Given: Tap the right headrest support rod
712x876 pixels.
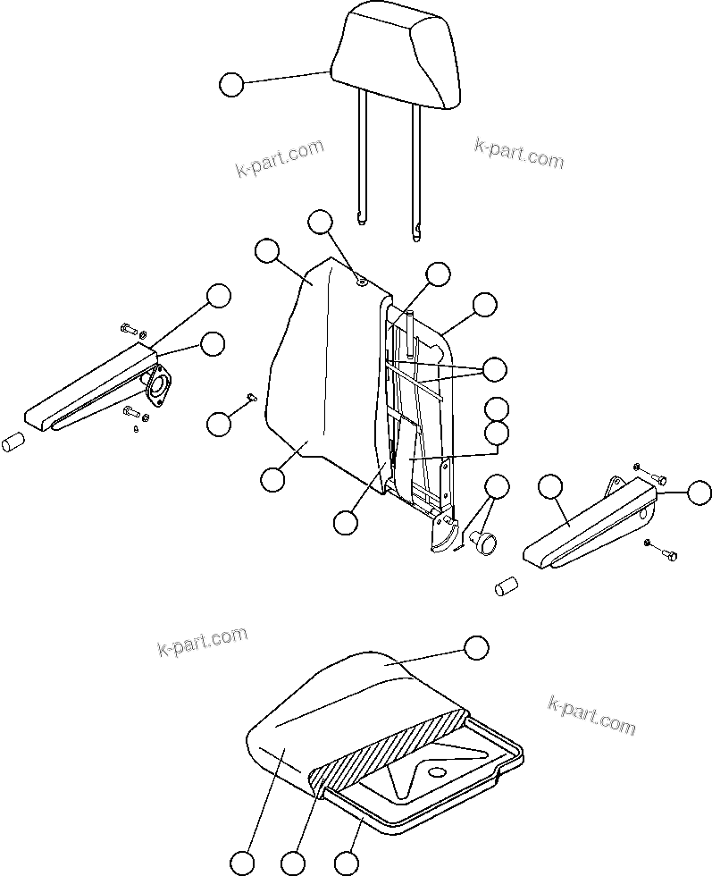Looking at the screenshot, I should (x=416, y=165).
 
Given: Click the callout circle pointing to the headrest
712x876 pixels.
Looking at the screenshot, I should (x=230, y=85).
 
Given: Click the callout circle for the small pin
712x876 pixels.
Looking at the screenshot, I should (x=218, y=424).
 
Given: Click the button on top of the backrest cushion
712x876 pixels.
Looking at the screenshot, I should (x=361, y=282).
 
